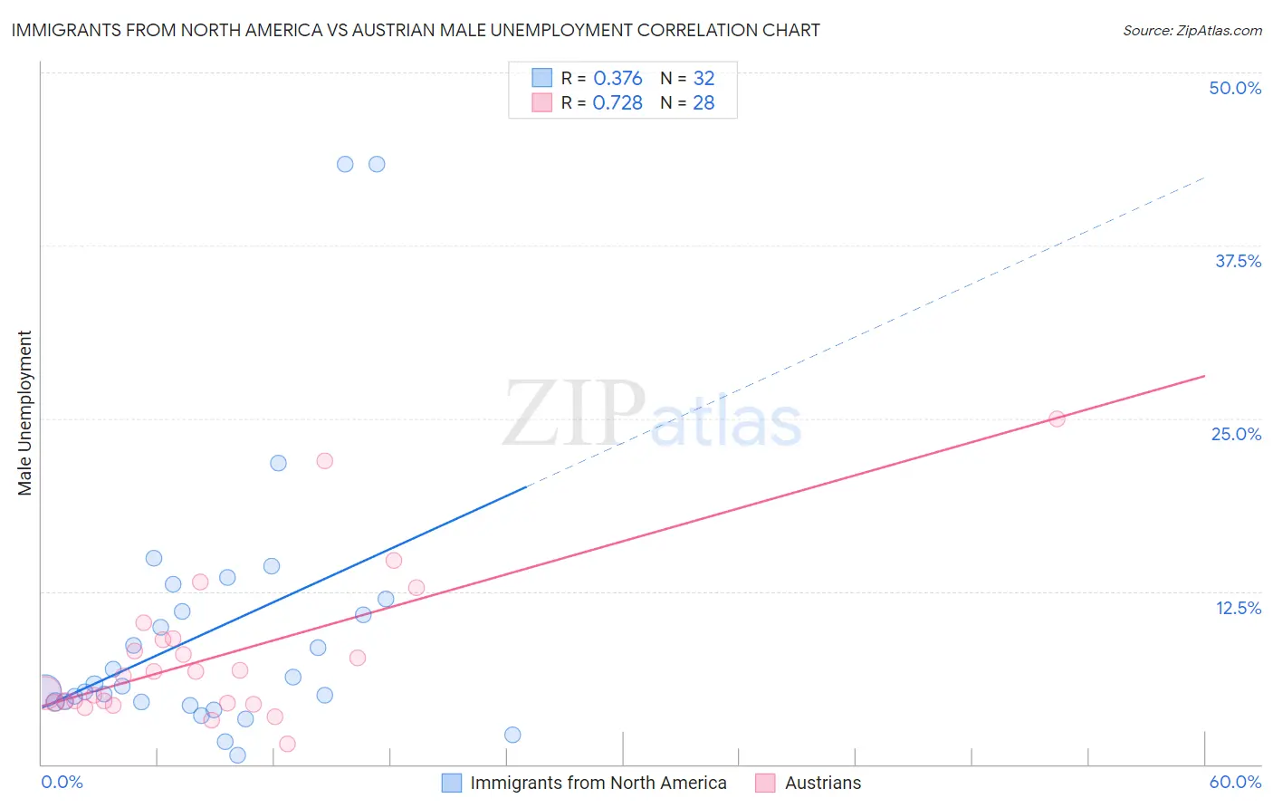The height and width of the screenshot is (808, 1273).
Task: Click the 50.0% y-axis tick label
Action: pyautogui.click(x=1235, y=88)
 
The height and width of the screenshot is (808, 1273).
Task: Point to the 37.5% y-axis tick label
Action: pyautogui.click(x=1238, y=261)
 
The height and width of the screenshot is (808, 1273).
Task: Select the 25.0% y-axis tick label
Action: pyautogui.click(x=1236, y=434)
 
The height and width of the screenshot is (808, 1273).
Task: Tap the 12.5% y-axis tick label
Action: pyautogui.click(x=1238, y=608)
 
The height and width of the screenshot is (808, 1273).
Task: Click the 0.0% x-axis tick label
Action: pyautogui.click(x=62, y=782)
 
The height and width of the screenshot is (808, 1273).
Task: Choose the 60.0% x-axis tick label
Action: pyautogui.click(x=1235, y=782)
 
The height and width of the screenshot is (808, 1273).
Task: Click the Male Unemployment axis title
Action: pyautogui.click(x=24, y=413)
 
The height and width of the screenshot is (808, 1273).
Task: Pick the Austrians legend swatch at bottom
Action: pyautogui.click(x=765, y=783)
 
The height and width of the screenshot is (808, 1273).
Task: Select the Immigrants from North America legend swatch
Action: pyautogui.click(x=451, y=783)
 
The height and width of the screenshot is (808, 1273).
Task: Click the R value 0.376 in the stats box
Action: pyautogui.click(x=617, y=78)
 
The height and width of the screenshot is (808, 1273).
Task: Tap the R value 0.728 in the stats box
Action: pyautogui.click(x=617, y=102)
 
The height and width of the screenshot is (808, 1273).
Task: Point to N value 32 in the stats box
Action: pyautogui.click(x=703, y=78)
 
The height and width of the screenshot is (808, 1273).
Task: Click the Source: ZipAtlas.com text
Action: pyautogui.click(x=1192, y=30)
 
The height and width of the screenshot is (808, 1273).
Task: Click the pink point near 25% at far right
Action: pyautogui.click(x=1057, y=418)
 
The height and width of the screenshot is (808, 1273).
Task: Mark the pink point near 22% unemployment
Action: pyautogui.click(x=324, y=460)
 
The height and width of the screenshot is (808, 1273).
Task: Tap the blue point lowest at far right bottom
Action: pyautogui.click(x=512, y=735)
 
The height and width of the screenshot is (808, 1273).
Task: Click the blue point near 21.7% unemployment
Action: pyautogui.click(x=278, y=463)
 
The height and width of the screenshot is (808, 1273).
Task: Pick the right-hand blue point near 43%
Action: pyautogui.click(x=377, y=164)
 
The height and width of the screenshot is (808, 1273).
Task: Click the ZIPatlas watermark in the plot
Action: pyautogui.click(x=652, y=415)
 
